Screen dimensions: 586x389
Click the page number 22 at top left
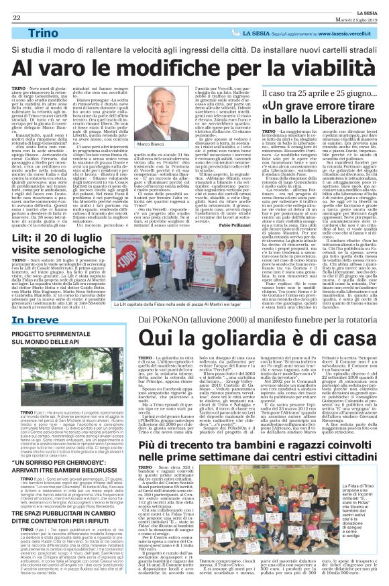pyautogui.click(x=15, y=7)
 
